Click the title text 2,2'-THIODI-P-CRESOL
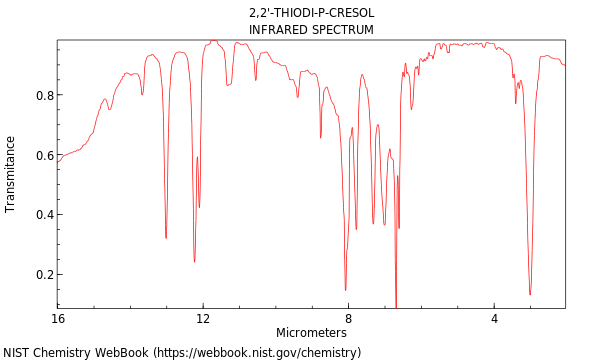click(x=311, y=13)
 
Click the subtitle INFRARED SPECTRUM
click(x=311, y=30)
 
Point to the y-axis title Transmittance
click(x=11, y=174)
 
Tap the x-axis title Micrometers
click(x=311, y=332)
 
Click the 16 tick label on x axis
click(x=58, y=318)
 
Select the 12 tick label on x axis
click(x=203, y=318)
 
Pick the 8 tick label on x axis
click(x=348, y=318)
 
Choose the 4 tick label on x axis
click(x=494, y=318)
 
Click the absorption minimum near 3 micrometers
click(x=530, y=294)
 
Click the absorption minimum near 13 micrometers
click(x=166, y=238)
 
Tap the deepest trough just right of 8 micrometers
click(x=346, y=290)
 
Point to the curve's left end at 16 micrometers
click(x=58, y=161)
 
